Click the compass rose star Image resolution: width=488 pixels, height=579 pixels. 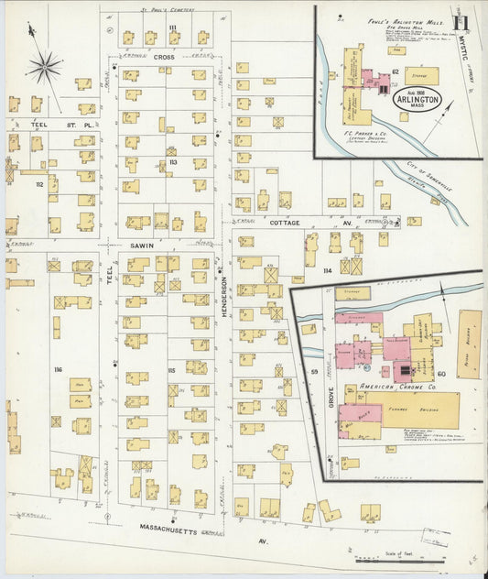point(44,66)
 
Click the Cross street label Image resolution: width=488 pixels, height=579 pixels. point(163,57)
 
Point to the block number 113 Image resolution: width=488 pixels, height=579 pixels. point(172,162)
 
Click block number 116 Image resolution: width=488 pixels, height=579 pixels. point(57,368)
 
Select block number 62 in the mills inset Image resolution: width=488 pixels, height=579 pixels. point(396,71)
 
